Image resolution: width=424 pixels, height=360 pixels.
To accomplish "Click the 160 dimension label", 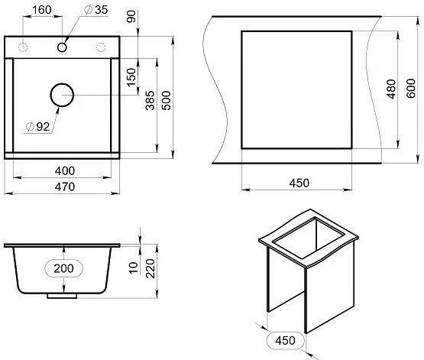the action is coord(42,10).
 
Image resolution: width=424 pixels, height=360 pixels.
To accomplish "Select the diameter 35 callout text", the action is coord(96,10).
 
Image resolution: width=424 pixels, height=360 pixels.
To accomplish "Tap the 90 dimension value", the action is coord(131,17).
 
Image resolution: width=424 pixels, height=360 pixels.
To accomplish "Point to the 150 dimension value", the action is coord(131,77).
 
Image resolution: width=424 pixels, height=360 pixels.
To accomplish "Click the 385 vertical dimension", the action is coord(150,101).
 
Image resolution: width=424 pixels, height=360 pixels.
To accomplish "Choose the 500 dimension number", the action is coord(167,101).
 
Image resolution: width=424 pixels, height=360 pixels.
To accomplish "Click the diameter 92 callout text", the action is coord(38,127).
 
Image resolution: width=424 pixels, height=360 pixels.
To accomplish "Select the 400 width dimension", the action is coord(65,171).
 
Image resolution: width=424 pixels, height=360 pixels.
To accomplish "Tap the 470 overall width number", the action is coord(65,187).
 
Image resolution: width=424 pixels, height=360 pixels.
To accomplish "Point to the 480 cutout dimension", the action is coord(391,89).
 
